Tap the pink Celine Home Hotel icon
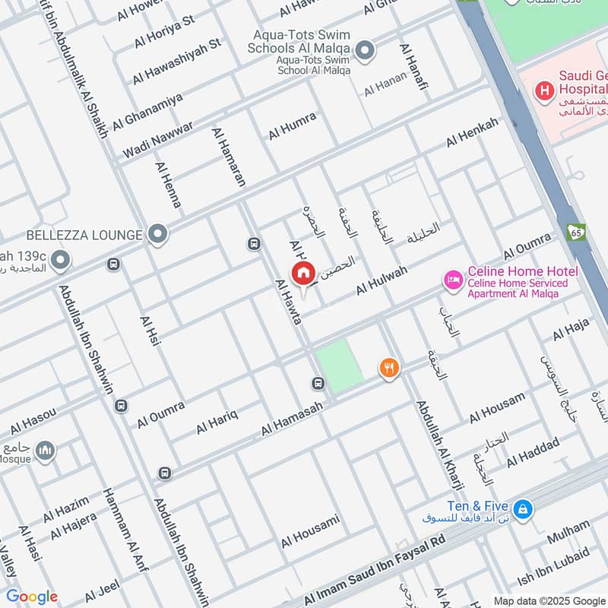[453, 280]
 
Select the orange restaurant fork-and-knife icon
[389, 369]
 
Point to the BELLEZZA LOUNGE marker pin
[157, 234]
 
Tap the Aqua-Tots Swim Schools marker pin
[365, 51]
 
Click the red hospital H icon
[544, 92]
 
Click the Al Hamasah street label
[293, 419]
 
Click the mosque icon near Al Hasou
[45, 451]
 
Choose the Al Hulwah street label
[382, 282]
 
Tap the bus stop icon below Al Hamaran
[253, 244]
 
